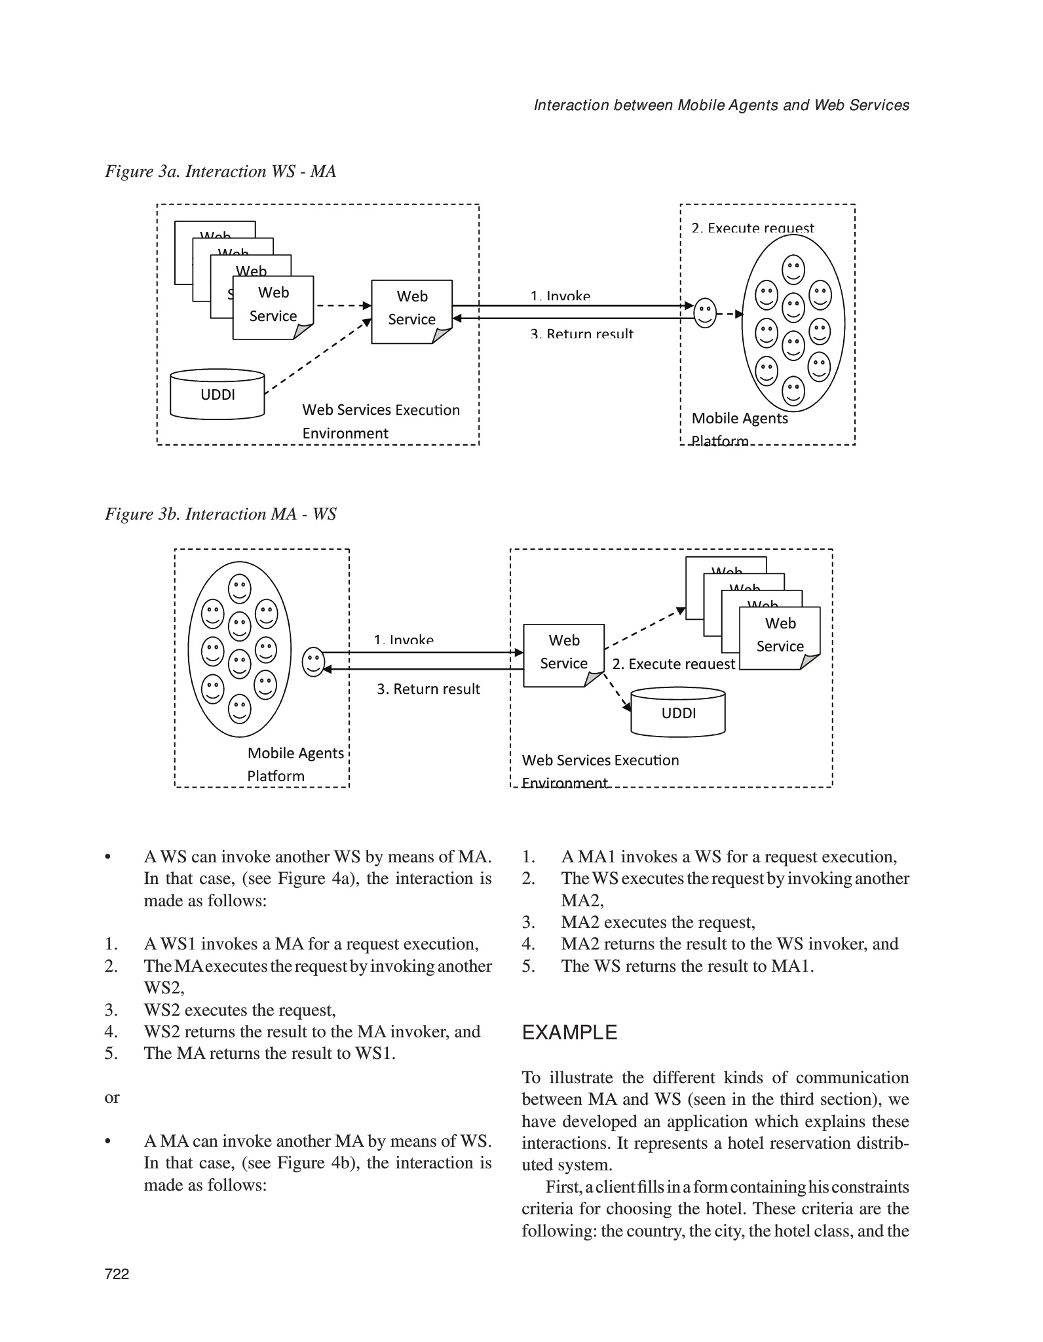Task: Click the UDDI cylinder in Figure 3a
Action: [218, 394]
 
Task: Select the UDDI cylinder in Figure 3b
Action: [678, 713]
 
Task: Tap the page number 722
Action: [117, 1274]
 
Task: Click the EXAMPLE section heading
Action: [569, 1033]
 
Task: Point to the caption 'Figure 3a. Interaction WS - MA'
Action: [221, 172]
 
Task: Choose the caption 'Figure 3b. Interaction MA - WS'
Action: [221, 514]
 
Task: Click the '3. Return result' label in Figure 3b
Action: [428, 689]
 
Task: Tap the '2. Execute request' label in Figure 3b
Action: [673, 664]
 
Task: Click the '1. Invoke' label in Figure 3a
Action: [560, 296]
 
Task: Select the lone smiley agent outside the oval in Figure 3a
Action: [705, 313]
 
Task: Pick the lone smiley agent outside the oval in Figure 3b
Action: [314, 662]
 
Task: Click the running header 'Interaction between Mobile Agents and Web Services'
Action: [721, 105]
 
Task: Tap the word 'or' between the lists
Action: [112, 1098]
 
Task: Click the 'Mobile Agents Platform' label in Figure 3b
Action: [295, 764]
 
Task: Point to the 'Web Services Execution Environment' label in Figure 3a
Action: [381, 421]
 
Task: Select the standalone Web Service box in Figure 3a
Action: [411, 311]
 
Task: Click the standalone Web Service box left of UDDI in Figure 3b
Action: [563, 654]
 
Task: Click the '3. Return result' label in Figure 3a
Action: [582, 334]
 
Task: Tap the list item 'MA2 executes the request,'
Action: [658, 923]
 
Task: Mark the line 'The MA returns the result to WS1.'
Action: [269, 1054]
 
